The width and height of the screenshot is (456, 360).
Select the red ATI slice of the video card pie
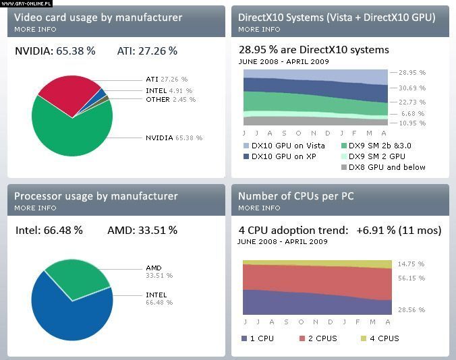[67, 93]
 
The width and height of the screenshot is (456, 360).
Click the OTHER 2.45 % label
[170, 100]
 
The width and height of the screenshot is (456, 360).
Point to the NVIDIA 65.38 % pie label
[173, 138]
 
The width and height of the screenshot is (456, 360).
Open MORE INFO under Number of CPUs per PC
[259, 208]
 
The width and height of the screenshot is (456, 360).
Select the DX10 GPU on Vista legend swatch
[246, 146]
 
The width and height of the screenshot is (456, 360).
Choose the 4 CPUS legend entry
[380, 338]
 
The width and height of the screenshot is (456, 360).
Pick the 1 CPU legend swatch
[246, 338]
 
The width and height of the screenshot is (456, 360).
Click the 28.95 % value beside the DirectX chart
[412, 72]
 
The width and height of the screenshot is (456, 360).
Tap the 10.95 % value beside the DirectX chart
[412, 123]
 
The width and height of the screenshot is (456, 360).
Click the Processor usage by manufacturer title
[96, 196]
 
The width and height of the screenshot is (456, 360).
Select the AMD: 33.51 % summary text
[142, 231]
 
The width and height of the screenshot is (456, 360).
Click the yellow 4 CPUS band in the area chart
[317, 264]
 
